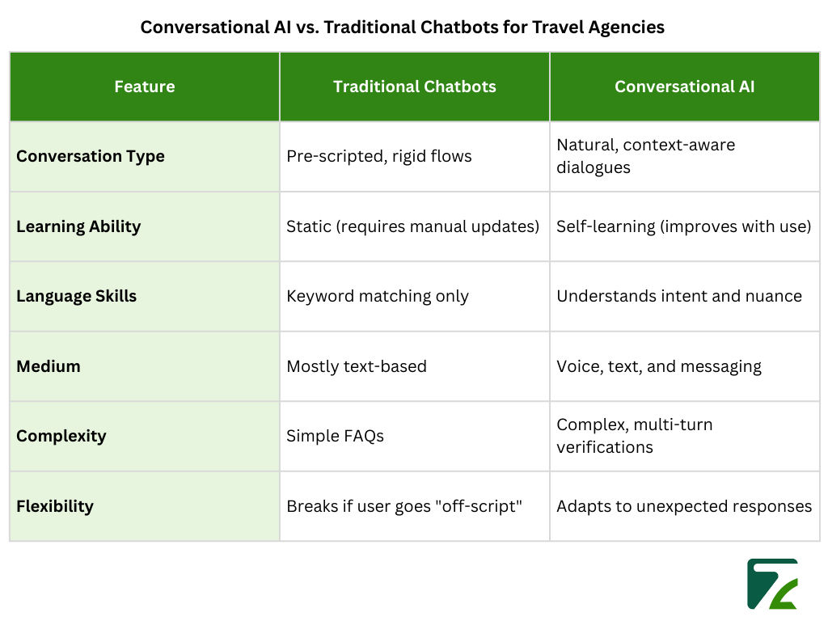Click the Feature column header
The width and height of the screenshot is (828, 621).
(x=144, y=87)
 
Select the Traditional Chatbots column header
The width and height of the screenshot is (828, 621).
(x=414, y=87)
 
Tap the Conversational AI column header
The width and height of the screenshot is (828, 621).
(x=684, y=87)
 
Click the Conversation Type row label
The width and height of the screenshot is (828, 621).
(x=91, y=156)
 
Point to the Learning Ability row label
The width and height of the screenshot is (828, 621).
(x=78, y=226)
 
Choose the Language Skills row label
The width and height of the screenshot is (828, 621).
(x=77, y=296)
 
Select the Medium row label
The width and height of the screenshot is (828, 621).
(x=49, y=366)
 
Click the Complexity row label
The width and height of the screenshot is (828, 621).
(x=61, y=436)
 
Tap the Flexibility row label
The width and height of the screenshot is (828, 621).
(x=55, y=506)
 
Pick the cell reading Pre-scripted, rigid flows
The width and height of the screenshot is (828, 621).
(x=379, y=156)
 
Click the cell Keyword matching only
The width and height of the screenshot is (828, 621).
(x=378, y=296)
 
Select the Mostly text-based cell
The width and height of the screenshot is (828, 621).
(x=357, y=366)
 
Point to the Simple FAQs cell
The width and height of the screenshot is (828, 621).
(x=336, y=436)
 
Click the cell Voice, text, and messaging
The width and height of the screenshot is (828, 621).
(x=659, y=366)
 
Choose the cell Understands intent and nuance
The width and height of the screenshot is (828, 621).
(x=679, y=296)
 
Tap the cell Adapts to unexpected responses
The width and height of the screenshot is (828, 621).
(x=684, y=506)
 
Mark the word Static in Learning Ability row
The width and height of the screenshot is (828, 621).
(x=307, y=226)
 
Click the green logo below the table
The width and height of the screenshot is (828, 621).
(x=772, y=583)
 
